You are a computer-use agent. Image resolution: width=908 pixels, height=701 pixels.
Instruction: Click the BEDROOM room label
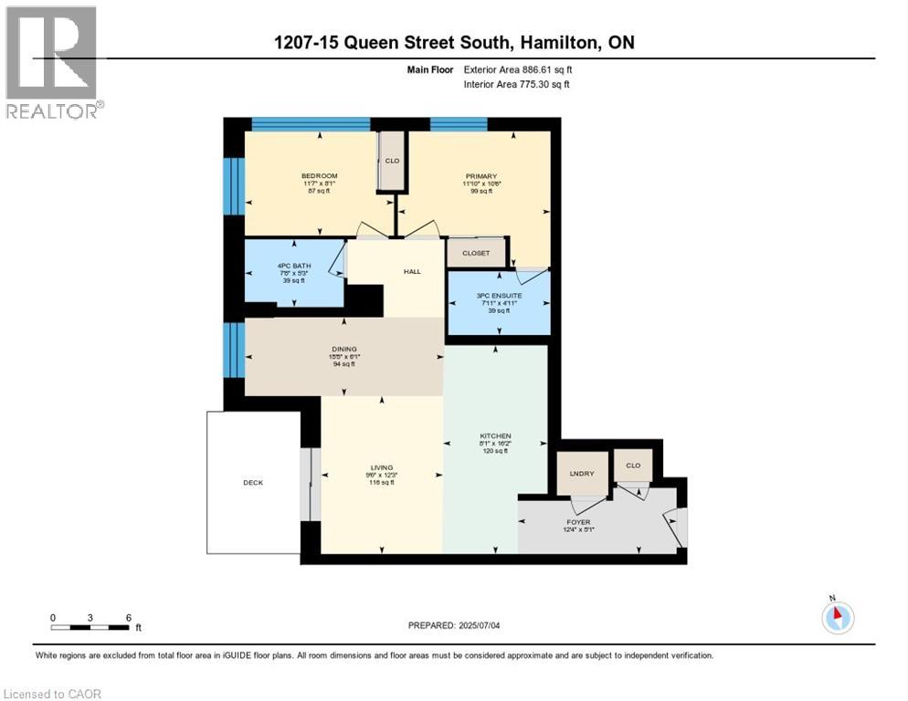[320, 176]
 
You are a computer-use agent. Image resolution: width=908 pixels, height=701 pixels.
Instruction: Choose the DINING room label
[343, 349]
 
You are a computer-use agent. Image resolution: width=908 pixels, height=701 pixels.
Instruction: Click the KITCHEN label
[495, 436]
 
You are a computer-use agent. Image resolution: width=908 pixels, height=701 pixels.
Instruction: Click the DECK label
[253, 483]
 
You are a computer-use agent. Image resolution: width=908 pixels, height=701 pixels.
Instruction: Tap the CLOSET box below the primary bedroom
[475, 253]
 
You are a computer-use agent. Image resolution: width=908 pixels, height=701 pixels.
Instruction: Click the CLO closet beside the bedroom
[392, 162]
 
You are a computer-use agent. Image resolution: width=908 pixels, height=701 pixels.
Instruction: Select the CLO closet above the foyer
[633, 465]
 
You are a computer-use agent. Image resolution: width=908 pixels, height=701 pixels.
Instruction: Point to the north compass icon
[837, 617]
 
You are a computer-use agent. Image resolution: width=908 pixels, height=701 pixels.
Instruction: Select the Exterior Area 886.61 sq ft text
[518, 69]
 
